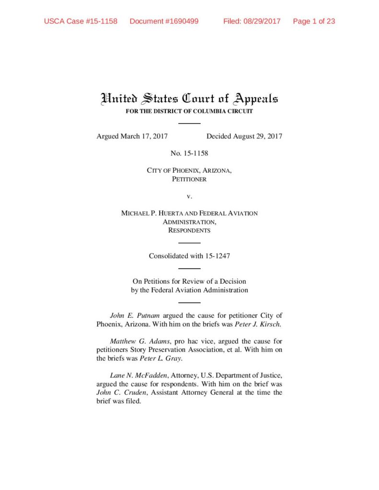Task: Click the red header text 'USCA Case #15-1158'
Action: [80, 22]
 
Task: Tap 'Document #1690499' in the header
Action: [164, 22]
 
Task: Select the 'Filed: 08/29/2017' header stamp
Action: [252, 22]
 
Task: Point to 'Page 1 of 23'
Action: [314, 22]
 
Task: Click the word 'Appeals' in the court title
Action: [255, 99]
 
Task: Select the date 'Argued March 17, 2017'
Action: [132, 136]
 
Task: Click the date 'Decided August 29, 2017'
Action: [244, 136]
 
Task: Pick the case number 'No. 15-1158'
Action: [189, 154]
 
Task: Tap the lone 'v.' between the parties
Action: [189, 196]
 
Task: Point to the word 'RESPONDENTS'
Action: [189, 231]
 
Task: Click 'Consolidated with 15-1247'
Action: [189, 256]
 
